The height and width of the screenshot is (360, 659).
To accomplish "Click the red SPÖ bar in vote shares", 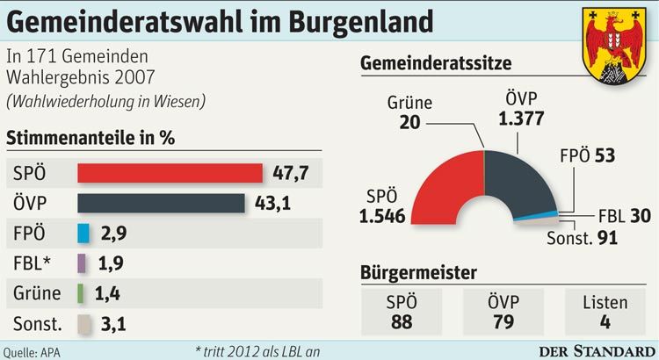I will coord(170,173).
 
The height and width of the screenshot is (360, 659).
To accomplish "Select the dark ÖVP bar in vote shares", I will coord(161,203).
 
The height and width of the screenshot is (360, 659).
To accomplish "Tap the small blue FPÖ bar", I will coord(84,233).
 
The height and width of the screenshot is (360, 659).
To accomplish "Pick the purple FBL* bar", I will coord(82,263).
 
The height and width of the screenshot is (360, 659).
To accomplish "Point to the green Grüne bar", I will coord(80,292).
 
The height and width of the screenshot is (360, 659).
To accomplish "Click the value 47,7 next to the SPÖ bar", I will coord(290,173).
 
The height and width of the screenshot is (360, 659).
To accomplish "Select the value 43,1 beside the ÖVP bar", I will coord(272,203).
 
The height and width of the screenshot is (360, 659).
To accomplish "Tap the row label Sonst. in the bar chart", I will coord(38,323).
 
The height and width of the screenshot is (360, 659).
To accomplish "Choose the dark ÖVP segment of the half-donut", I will coord(518,180).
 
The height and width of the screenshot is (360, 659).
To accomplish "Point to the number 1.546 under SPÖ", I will coord(381,212).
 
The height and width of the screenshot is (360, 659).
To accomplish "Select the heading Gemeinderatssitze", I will coord(436,64).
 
